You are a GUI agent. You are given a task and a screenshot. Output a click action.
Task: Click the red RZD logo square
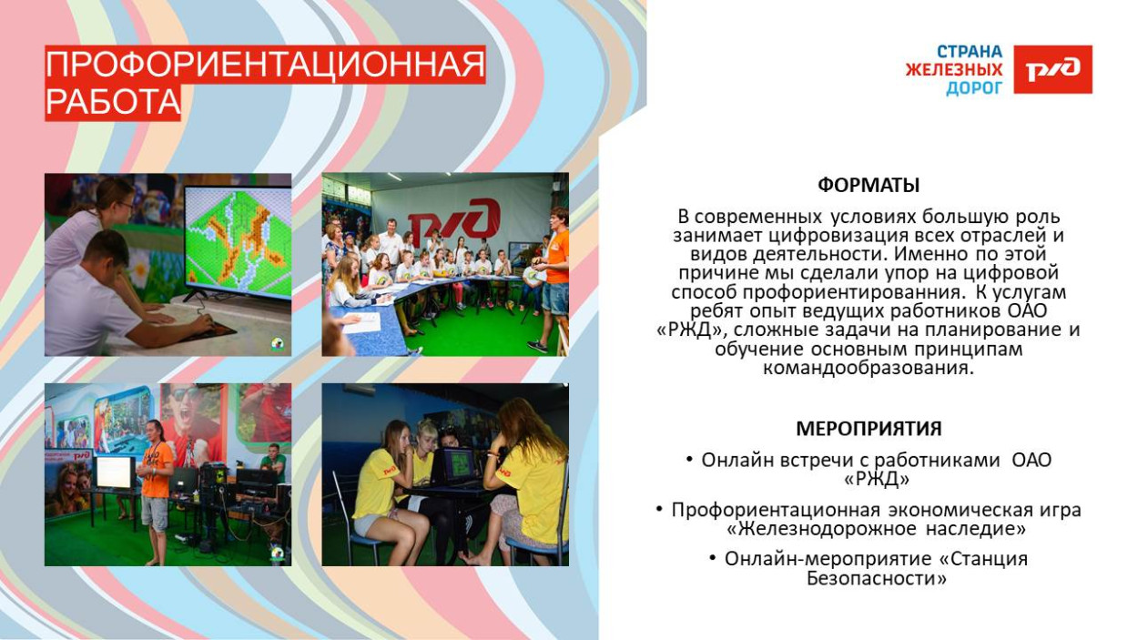[x=1052, y=69]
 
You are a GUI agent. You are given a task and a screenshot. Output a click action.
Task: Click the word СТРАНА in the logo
[x=970, y=52]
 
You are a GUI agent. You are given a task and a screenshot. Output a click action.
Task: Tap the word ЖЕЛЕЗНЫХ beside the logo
[x=953, y=70]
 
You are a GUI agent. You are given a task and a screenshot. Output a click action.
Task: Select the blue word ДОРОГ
[x=974, y=88]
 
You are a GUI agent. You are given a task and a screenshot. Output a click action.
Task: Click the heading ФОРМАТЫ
[x=869, y=186]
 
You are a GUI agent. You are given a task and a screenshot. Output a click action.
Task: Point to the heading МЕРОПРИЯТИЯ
[x=869, y=429]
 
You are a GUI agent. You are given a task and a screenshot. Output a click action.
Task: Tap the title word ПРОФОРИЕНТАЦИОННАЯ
[x=265, y=66]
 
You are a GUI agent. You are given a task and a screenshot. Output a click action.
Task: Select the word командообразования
[x=869, y=368]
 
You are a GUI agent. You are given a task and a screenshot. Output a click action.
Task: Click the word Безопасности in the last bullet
[x=876, y=578]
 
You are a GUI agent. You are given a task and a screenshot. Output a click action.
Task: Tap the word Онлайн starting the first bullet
[x=735, y=461]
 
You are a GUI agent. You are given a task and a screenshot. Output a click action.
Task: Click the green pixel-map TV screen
[x=239, y=242]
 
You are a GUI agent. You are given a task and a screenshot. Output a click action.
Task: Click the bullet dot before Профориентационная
[x=659, y=509]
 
